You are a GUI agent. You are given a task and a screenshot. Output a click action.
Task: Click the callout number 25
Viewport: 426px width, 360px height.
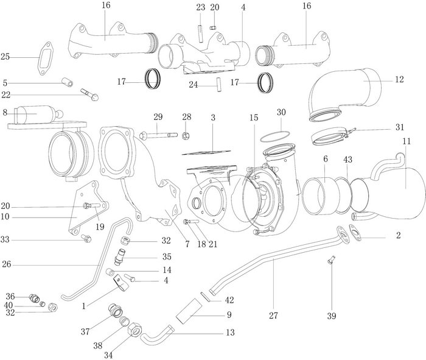(x=5, y=57)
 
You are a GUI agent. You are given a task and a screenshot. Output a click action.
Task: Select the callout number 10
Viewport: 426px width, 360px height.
(x=5, y=216)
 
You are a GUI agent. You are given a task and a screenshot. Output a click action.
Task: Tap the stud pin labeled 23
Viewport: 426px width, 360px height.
(x=199, y=29)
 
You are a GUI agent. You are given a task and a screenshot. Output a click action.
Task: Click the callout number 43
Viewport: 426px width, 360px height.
(x=347, y=160)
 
